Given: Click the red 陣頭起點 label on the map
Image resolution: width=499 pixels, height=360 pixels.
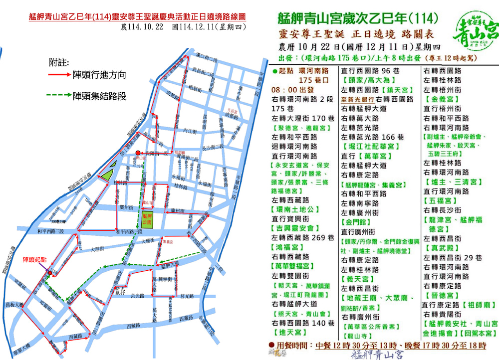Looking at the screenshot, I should (x=35, y=260).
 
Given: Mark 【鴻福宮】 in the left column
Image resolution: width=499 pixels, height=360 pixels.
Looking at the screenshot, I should (x=288, y=247).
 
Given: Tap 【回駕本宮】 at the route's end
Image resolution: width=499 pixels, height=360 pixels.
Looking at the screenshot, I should (x=479, y=333).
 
